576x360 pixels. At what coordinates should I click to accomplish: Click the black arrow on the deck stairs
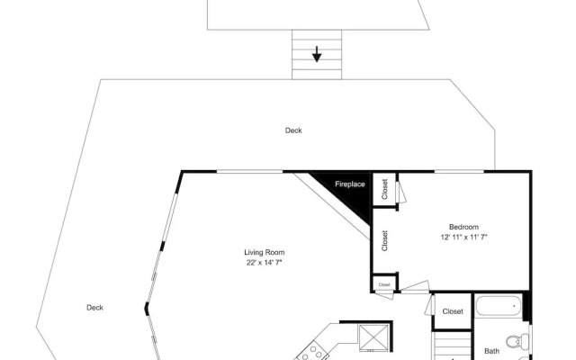[x=317, y=54]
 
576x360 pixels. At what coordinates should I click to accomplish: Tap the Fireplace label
[x=350, y=184]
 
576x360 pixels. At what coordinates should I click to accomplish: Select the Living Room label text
[x=264, y=252]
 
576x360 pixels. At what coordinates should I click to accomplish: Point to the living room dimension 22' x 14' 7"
[x=264, y=263]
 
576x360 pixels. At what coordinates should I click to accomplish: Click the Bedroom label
[x=463, y=227]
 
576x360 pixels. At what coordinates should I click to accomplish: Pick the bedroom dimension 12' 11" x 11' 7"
[x=463, y=238]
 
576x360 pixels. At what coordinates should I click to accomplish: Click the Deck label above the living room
[x=293, y=130]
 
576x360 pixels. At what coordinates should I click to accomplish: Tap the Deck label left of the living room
[x=94, y=308]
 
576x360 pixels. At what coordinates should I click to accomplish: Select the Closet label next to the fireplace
[x=384, y=189]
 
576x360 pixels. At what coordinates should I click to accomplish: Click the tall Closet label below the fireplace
[x=384, y=240]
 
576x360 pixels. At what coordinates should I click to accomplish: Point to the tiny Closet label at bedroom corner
[x=384, y=284]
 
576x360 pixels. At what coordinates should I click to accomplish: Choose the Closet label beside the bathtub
[x=453, y=311]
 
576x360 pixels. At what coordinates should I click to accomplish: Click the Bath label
[x=491, y=351]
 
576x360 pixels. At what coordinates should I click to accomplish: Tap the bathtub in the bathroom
[x=498, y=306]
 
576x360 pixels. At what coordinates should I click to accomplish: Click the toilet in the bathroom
[x=518, y=341]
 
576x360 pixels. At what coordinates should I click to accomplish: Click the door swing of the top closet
[x=401, y=192]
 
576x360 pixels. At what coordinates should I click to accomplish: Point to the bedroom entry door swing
[x=415, y=287]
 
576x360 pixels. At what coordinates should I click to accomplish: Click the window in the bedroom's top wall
[x=459, y=171]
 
